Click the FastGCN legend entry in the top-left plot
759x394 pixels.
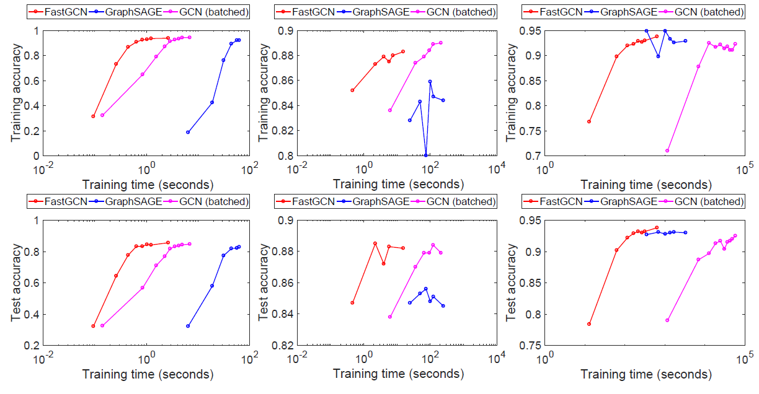[x=60, y=12]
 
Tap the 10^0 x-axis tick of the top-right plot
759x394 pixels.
[x=546, y=169]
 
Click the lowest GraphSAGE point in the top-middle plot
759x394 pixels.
[x=426, y=155]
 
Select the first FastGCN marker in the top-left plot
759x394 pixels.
[x=93, y=116]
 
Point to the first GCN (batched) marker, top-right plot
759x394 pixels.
[x=667, y=151]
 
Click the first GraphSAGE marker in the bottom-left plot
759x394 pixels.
[x=188, y=326]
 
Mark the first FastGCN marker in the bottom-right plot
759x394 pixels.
[x=589, y=324]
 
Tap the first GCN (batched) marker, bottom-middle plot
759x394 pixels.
[x=390, y=317]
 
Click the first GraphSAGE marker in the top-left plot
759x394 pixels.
[x=188, y=132]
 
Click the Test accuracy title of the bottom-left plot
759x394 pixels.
[x=17, y=282]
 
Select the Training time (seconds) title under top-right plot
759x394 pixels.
[x=645, y=185]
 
